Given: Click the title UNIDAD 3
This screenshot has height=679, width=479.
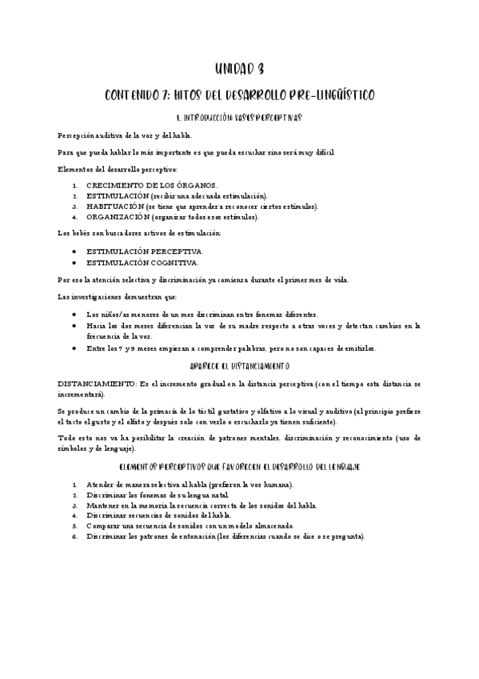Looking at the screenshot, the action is coord(240,69).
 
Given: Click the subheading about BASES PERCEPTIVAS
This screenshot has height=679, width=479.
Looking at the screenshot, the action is coord(240,118).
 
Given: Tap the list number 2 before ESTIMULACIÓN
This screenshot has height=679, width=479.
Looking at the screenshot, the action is coord(74,195).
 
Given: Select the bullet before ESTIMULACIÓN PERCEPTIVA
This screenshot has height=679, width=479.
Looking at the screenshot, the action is coord(74,251).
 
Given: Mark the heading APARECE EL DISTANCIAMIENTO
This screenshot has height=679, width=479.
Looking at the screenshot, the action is coord(240,365).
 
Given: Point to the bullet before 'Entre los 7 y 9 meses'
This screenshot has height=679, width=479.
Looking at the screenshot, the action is coord(74,348).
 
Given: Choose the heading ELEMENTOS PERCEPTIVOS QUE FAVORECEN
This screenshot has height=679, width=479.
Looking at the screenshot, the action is coord(240,465).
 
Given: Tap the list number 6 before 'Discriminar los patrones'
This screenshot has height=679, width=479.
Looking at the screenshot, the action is coord(74,536).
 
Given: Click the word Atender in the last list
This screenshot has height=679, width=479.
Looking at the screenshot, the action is coord(99,484).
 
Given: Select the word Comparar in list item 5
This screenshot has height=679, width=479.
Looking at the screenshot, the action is coord(102,526).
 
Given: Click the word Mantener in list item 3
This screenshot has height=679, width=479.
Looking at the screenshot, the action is coord(102,505).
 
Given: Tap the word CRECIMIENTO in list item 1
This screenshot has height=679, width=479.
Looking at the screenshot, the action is coord(116,185).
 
